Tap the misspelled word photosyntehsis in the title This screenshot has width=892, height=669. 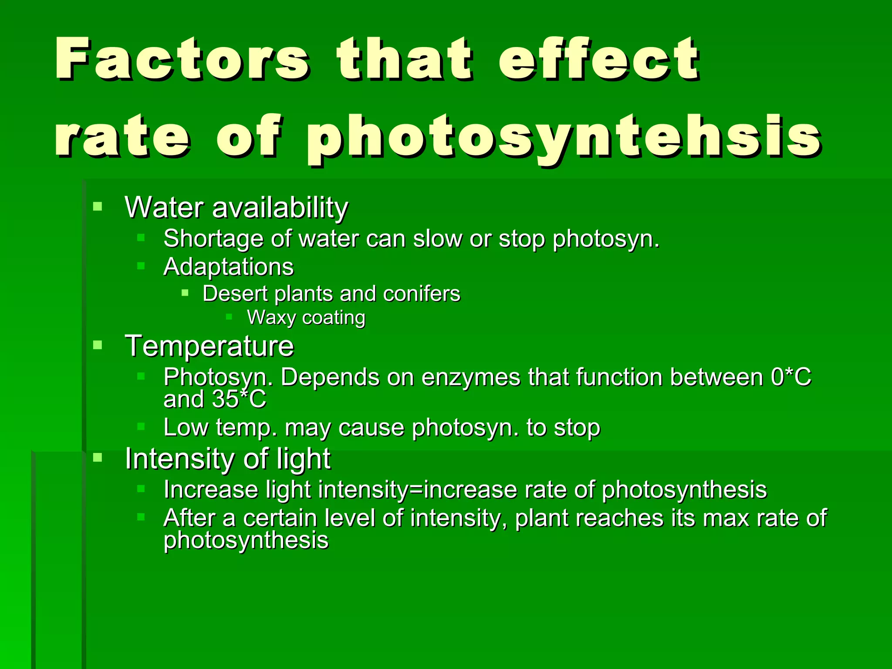564,137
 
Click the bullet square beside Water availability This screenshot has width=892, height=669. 98,206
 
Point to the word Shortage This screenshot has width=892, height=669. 213,239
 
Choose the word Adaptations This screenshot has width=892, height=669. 228,267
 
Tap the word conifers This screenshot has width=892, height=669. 421,294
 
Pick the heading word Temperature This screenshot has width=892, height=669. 209,346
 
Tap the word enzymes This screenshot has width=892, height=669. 471,377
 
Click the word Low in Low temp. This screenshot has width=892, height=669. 186,427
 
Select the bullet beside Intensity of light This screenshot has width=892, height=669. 98,457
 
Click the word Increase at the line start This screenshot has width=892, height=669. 211,490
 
